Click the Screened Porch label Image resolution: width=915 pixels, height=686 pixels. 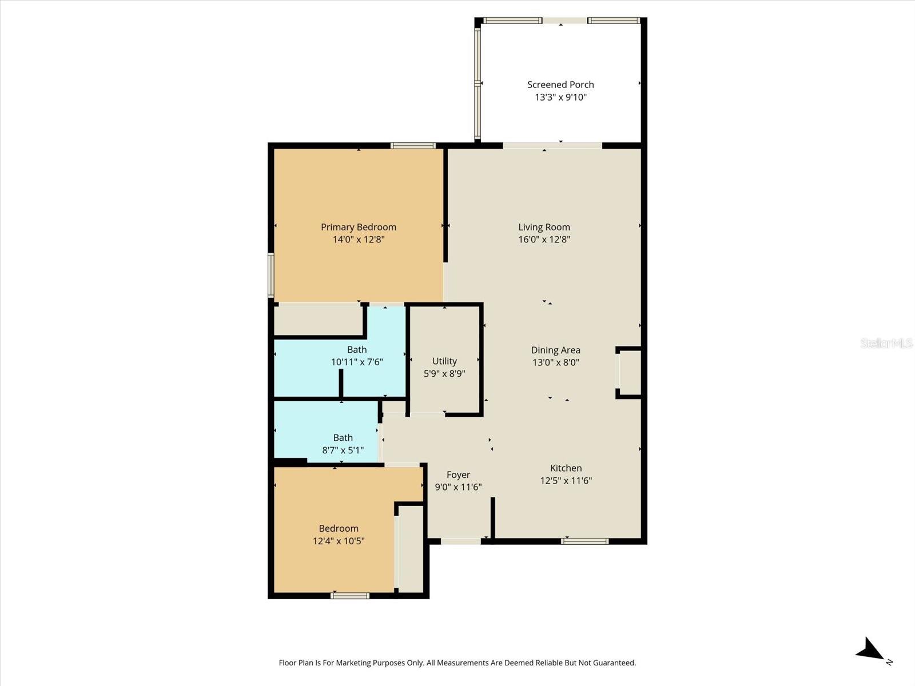tap(560, 85)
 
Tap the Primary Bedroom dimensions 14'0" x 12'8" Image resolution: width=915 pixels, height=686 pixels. tap(359, 240)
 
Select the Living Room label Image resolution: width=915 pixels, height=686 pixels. tap(544, 227)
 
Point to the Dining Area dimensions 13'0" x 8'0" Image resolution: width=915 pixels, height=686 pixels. tap(555, 362)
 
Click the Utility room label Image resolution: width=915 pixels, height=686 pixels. tap(444, 361)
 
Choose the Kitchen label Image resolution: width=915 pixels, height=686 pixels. tap(566, 468)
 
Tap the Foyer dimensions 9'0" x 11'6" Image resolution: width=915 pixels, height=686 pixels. tap(458, 487)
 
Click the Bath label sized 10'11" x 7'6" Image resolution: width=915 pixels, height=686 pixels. tap(357, 349)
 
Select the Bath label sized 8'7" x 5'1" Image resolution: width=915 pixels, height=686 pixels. tap(343, 438)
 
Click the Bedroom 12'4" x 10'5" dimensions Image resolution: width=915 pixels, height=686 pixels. tap(339, 541)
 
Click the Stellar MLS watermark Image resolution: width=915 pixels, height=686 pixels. tap(886, 343)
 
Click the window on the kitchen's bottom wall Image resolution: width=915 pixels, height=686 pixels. tap(584, 541)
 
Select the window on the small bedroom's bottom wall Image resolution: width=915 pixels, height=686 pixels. tap(350, 596)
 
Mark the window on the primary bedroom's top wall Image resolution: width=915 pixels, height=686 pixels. tap(413, 146)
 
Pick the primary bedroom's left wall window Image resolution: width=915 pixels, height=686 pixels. tap(271, 275)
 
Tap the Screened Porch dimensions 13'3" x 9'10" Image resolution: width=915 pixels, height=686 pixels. tap(560, 97)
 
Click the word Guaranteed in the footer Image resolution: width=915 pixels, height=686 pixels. tap(615, 663)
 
